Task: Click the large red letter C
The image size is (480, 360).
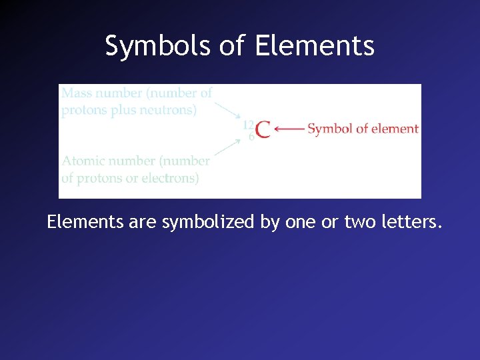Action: (263, 129)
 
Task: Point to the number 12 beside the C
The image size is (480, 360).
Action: (248, 125)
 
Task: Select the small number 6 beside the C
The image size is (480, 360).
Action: (251, 137)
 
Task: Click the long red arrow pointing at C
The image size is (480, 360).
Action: (289, 129)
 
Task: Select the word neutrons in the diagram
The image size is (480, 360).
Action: (169, 110)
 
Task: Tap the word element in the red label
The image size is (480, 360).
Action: (394, 129)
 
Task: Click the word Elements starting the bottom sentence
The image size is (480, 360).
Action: (85, 222)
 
